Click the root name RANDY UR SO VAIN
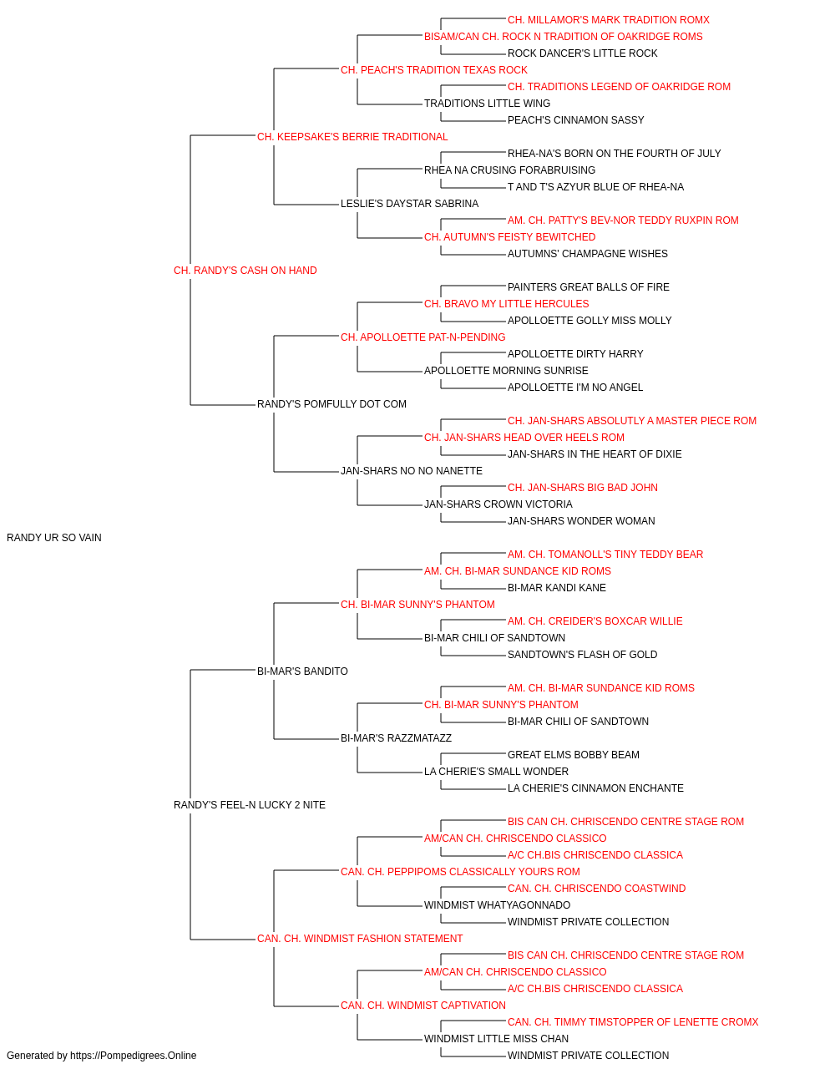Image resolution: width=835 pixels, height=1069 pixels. [x=54, y=538]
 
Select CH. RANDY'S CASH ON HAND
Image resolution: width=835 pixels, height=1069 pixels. [x=245, y=271]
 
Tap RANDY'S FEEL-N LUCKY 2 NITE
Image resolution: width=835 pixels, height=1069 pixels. [x=250, y=805]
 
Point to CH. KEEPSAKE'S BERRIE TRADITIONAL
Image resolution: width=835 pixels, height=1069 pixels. [x=352, y=137]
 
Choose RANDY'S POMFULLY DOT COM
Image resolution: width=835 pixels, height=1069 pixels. [x=331, y=404]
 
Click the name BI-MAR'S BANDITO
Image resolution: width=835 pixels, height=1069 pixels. [x=302, y=671]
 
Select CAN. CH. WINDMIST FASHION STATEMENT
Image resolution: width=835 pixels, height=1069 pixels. [x=360, y=939]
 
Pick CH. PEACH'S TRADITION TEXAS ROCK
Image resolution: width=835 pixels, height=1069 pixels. [x=433, y=70]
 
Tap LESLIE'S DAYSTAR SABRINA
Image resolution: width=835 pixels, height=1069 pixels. [x=409, y=204]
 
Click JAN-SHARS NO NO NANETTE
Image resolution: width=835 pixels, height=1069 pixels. [x=411, y=471]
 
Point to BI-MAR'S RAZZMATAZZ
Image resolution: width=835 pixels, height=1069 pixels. [x=396, y=738]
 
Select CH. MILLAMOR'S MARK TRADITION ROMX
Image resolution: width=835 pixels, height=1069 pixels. [x=609, y=20]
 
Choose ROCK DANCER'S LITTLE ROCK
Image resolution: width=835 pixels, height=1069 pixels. [x=582, y=53]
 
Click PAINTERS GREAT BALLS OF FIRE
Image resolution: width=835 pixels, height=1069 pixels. [x=588, y=286]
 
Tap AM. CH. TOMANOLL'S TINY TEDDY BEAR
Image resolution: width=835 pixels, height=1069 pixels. [x=605, y=555]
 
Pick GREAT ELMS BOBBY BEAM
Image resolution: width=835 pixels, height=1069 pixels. [x=574, y=755]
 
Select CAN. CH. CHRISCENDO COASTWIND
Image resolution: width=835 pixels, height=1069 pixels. [x=596, y=889]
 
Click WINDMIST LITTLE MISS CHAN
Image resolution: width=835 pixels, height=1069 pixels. [x=496, y=1038]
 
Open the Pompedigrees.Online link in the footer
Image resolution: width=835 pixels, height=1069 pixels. [x=133, y=1056]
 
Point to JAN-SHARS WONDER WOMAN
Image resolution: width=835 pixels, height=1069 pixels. [x=581, y=521]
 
